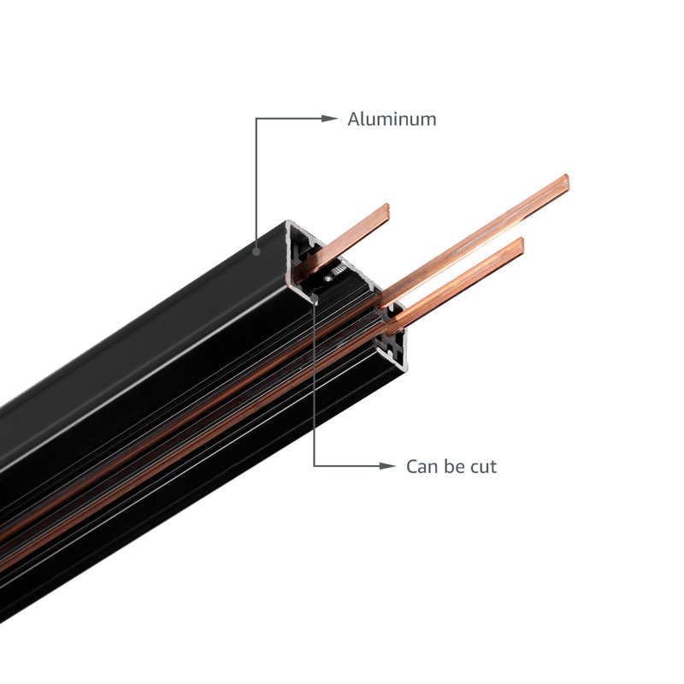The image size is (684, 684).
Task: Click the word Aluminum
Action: click(x=392, y=119)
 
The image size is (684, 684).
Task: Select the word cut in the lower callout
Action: click(x=483, y=467)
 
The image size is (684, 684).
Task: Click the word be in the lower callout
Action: click(x=454, y=466)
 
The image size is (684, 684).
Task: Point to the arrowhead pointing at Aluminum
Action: click(x=329, y=118)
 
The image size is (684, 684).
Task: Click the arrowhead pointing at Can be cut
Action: click(x=387, y=466)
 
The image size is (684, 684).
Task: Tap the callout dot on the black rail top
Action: click(x=256, y=251)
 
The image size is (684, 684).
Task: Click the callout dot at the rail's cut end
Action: click(x=315, y=298)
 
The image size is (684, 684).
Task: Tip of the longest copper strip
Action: click(x=567, y=182)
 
